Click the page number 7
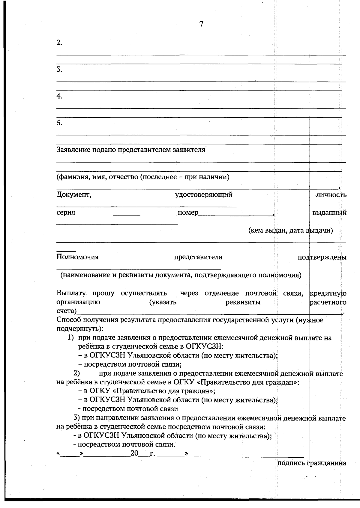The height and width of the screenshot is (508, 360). (x=201, y=24)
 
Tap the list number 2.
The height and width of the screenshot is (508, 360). (x=59, y=43)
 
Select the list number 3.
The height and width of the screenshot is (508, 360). (x=59, y=70)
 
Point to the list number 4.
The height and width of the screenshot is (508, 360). (x=59, y=96)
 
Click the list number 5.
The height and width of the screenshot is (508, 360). (x=59, y=123)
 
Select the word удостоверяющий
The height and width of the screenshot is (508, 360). (x=204, y=195)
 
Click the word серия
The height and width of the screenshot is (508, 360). (x=66, y=212)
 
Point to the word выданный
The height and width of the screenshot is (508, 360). (x=329, y=213)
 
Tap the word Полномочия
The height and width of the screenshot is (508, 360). (x=77, y=257)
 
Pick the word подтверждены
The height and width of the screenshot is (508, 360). (x=322, y=257)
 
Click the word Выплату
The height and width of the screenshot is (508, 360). (x=71, y=293)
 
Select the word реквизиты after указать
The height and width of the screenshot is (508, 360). (x=243, y=302)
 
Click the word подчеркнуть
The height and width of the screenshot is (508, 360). (x=79, y=329)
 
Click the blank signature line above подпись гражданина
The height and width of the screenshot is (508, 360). (x=249, y=456)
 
